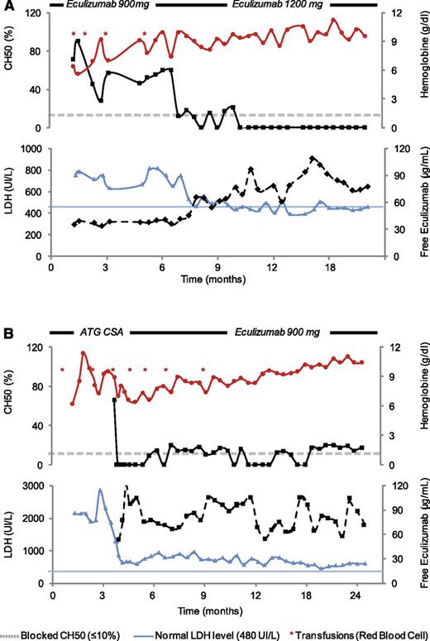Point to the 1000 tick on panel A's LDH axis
pos(36,149)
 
